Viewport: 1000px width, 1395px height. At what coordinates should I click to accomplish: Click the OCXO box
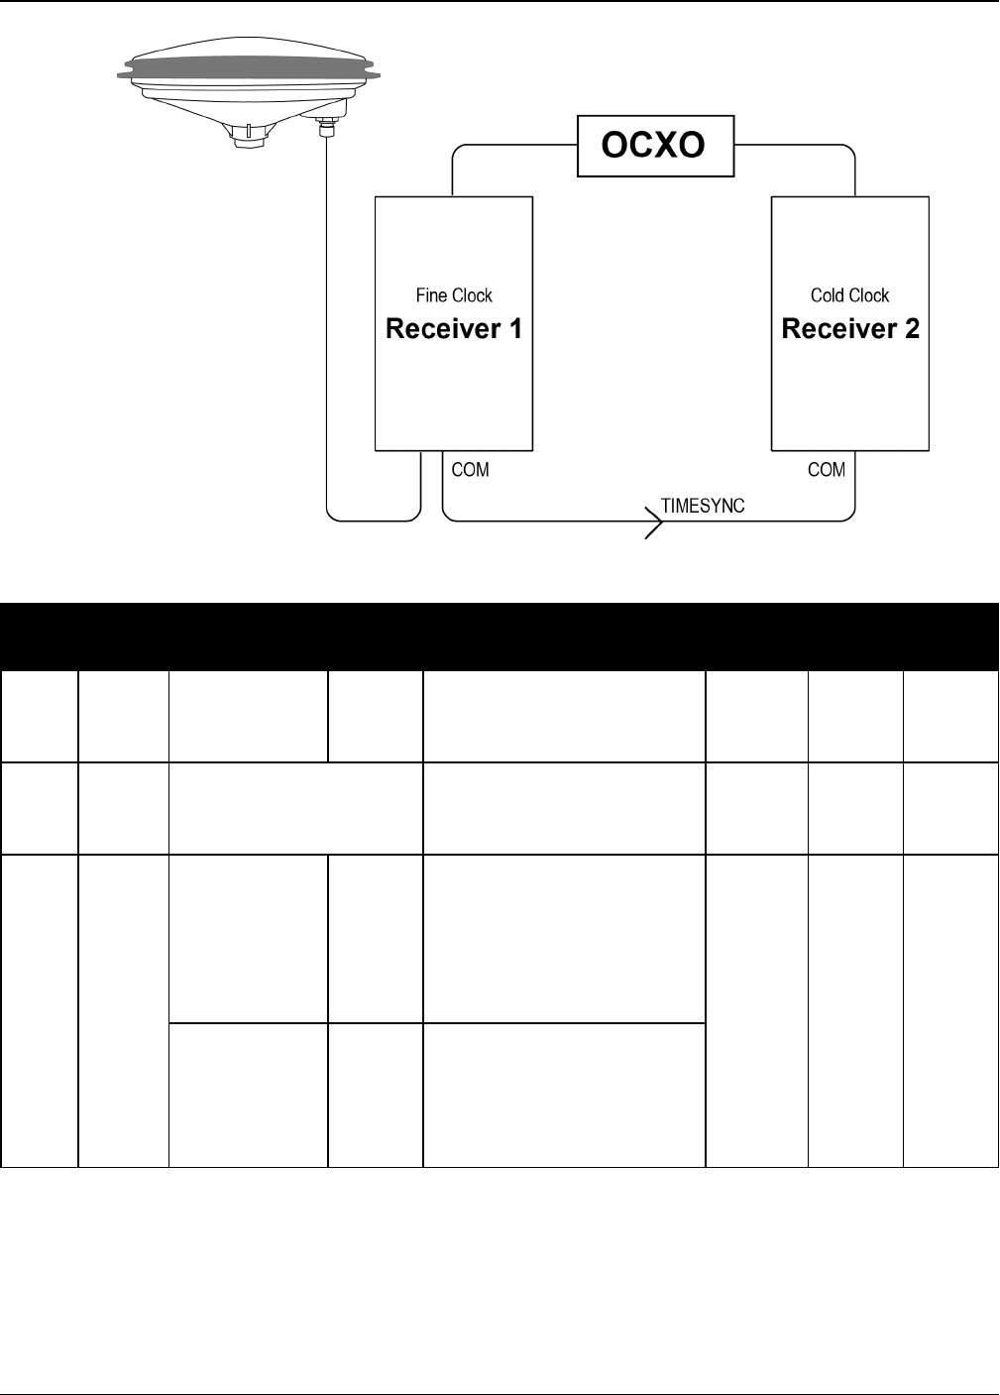click(656, 147)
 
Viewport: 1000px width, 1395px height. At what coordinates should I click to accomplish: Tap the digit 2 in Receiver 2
click(910, 329)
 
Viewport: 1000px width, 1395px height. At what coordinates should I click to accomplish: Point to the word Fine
click(431, 295)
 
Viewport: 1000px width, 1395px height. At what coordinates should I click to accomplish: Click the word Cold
click(828, 295)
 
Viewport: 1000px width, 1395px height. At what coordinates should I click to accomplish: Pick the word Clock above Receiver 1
click(472, 295)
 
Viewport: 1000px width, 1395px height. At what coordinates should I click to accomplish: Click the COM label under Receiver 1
click(470, 469)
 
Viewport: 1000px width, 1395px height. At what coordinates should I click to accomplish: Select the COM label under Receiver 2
click(827, 469)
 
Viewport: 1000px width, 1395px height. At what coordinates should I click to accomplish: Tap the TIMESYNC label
click(703, 505)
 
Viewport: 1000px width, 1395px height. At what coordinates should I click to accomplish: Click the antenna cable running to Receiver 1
click(327, 347)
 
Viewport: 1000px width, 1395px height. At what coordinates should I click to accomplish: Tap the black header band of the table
click(500, 636)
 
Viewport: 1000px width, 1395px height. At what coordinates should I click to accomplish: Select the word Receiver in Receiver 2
click(837, 329)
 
